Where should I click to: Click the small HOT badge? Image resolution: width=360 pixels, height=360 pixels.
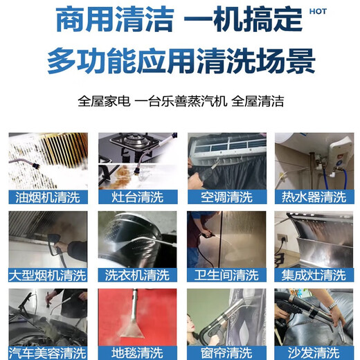[x=318, y=12]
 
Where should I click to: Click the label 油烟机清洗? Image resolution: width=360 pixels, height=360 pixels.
[x=47, y=197]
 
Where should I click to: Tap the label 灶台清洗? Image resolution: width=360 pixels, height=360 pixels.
[x=136, y=197]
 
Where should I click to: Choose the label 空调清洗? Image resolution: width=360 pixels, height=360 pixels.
[x=226, y=197]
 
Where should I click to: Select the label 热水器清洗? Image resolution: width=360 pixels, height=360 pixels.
[x=315, y=197]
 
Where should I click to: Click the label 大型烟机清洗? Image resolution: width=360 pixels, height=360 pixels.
[x=47, y=276]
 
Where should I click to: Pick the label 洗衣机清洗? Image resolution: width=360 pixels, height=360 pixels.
[x=136, y=276]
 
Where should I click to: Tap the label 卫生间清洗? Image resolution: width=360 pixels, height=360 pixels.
[x=226, y=276]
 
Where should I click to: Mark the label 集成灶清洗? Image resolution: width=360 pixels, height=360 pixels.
[x=315, y=276]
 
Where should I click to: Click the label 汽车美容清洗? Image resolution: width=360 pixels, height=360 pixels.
[x=47, y=353]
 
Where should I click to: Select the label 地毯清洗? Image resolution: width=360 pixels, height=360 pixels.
[x=136, y=353]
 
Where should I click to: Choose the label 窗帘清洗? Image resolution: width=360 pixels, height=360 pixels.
[x=226, y=353]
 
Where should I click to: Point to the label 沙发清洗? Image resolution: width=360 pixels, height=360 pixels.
[x=315, y=353]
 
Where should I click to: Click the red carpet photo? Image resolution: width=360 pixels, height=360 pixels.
[x=136, y=317]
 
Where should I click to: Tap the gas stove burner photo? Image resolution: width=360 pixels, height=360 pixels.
[x=136, y=161]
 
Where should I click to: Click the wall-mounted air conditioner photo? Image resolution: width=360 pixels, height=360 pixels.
[x=226, y=161]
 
